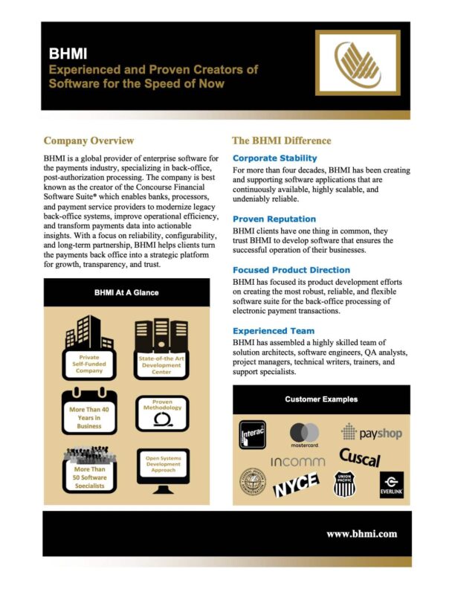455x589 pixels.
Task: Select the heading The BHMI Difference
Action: (282, 141)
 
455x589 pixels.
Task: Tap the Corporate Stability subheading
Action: (274, 158)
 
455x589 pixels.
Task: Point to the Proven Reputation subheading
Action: (274, 219)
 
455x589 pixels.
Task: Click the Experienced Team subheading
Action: (273, 330)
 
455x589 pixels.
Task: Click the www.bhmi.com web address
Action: (362, 533)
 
